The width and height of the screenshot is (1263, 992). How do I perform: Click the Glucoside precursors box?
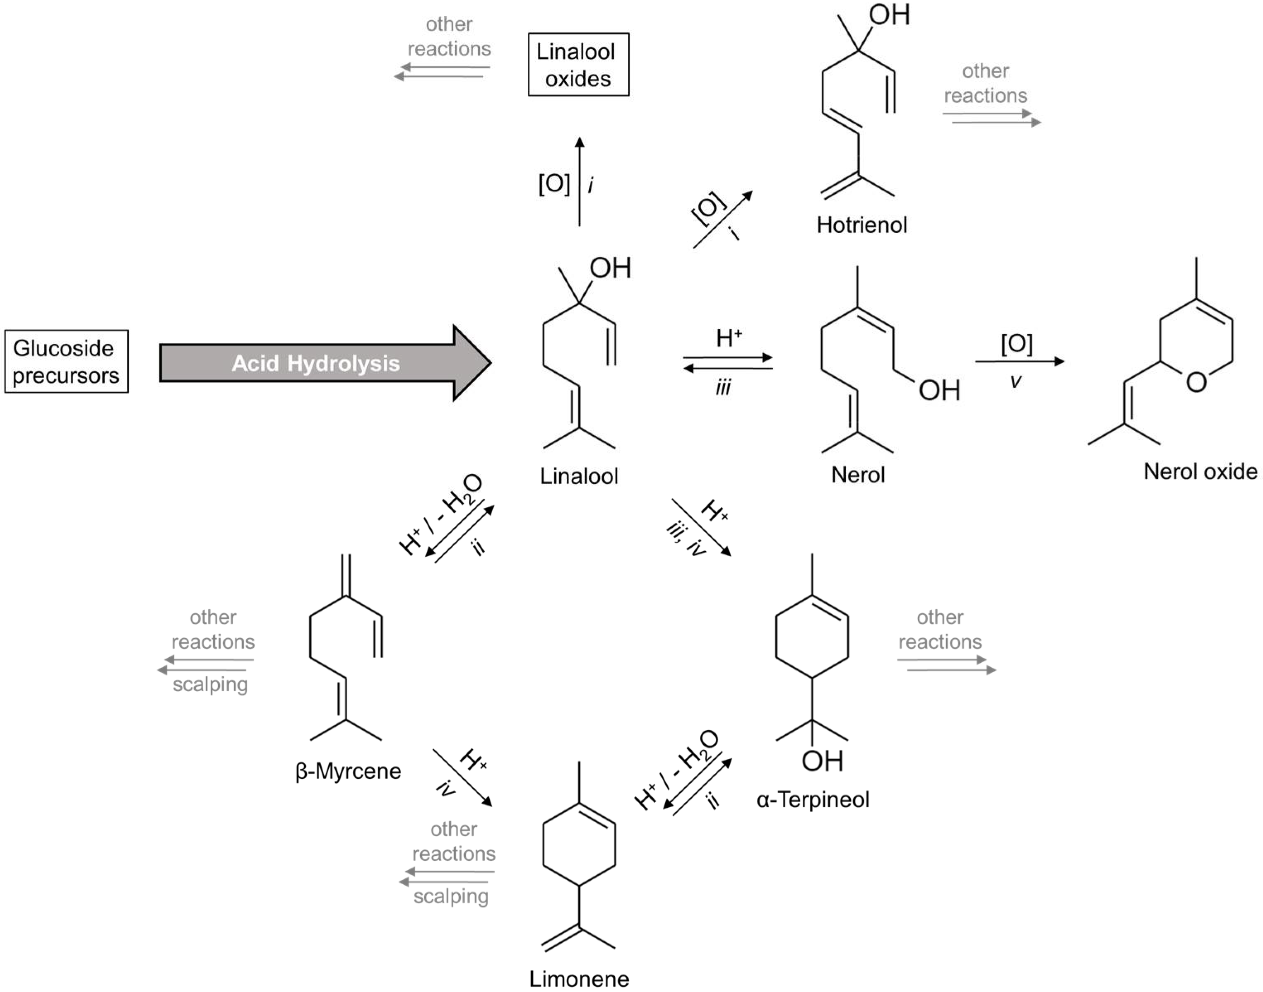(x=66, y=361)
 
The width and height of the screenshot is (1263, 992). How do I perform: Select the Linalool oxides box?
(x=578, y=65)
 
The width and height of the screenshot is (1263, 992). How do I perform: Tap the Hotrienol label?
(x=861, y=225)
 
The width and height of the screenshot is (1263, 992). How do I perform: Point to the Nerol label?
(x=858, y=475)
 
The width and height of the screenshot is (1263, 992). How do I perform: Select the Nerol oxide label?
(x=1200, y=471)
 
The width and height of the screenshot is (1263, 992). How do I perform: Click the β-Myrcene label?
(x=348, y=771)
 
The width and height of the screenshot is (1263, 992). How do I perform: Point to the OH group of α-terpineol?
(x=822, y=761)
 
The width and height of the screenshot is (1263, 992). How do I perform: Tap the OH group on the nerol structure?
(x=938, y=390)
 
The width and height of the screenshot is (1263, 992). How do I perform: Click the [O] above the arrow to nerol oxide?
(x=1016, y=343)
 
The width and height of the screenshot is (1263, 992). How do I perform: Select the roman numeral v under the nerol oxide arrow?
(x=1015, y=381)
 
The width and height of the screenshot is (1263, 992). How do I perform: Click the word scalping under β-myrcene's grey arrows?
(x=210, y=684)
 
